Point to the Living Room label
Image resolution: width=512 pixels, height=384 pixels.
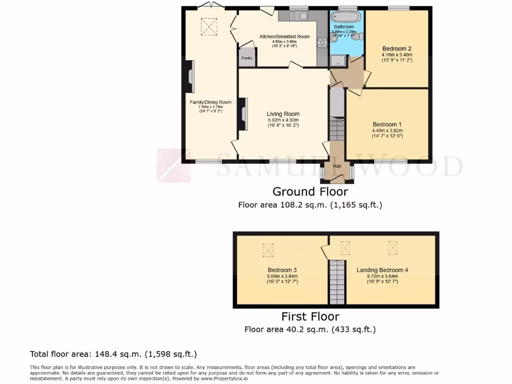pyautogui.click(x=283, y=114)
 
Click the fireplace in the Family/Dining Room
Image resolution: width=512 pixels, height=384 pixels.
pyautogui.click(x=189, y=77)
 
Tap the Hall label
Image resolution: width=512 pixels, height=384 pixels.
pyautogui.click(x=337, y=166)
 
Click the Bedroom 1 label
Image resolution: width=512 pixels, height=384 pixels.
pyautogui.click(x=387, y=124)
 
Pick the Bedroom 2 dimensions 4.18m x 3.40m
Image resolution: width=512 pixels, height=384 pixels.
pyautogui.click(x=396, y=55)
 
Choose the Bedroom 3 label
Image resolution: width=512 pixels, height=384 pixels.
pyautogui.click(x=282, y=270)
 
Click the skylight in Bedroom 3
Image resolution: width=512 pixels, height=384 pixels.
pyautogui.click(x=268, y=249)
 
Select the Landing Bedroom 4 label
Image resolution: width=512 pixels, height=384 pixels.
pyautogui.click(x=382, y=270)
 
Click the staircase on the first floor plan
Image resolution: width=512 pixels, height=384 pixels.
pyautogui.click(x=337, y=282)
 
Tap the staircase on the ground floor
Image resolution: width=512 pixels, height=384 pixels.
pyautogui.click(x=337, y=130)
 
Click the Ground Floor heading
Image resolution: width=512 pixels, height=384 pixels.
pyautogui.click(x=310, y=191)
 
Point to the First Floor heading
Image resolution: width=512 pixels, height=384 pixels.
pyautogui.click(x=310, y=316)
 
